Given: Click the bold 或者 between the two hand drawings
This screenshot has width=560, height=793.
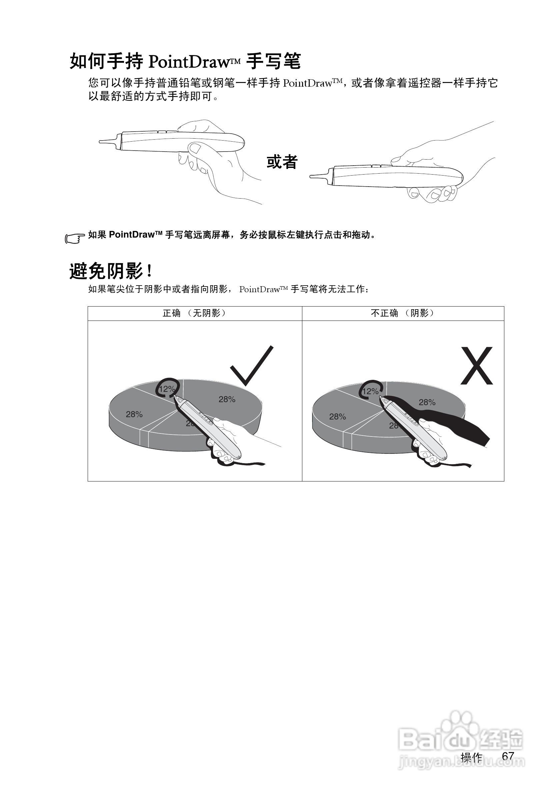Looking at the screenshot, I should (x=282, y=162).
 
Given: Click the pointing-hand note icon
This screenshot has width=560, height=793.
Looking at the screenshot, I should (x=75, y=238).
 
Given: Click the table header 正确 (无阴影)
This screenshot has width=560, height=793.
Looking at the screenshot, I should (x=194, y=313).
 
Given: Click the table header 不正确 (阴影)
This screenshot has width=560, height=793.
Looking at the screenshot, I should (x=403, y=313).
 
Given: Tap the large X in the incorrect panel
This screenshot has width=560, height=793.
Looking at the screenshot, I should (x=477, y=366).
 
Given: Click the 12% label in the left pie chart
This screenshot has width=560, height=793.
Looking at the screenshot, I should (x=167, y=389).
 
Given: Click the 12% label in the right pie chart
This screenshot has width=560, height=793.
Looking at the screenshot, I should (x=370, y=391).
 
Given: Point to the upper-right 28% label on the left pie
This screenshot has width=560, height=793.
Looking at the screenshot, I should (x=227, y=399).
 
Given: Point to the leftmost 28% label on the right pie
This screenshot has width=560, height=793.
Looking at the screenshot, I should (x=337, y=417).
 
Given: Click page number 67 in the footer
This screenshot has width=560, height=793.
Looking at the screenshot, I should (x=508, y=756).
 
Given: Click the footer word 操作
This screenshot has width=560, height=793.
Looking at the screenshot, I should (x=471, y=757).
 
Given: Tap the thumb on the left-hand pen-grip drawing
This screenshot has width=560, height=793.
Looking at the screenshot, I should (x=196, y=148).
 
